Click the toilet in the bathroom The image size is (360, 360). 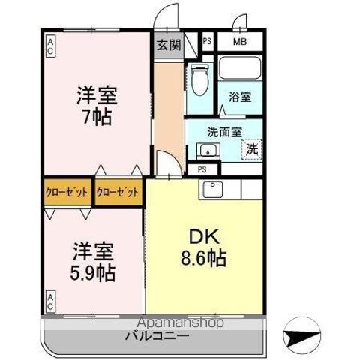[x=199, y=79]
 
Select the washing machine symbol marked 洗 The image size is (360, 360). [x=252, y=149]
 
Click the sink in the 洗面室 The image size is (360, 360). [x=208, y=151]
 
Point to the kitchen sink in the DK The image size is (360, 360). [x=213, y=190]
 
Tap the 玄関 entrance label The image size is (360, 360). [x=169, y=45]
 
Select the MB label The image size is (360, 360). [x=240, y=42]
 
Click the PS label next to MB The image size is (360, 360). [x=207, y=41]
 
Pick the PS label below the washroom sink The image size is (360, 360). [x=202, y=169]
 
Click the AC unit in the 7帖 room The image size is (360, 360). [x=50, y=47]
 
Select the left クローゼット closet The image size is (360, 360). [x=67, y=192]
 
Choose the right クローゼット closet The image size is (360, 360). [x=118, y=192]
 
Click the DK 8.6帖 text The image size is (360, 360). [x=204, y=247]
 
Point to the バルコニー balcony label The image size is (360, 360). [x=157, y=336]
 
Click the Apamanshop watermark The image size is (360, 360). [x=180, y=322]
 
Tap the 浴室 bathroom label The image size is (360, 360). [x=240, y=97]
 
